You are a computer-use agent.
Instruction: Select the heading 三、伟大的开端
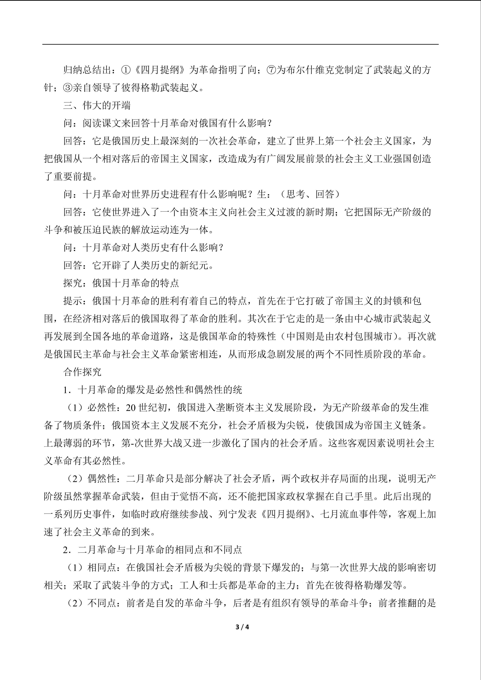[x=97, y=105]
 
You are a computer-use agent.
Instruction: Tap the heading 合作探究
[x=82, y=372]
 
